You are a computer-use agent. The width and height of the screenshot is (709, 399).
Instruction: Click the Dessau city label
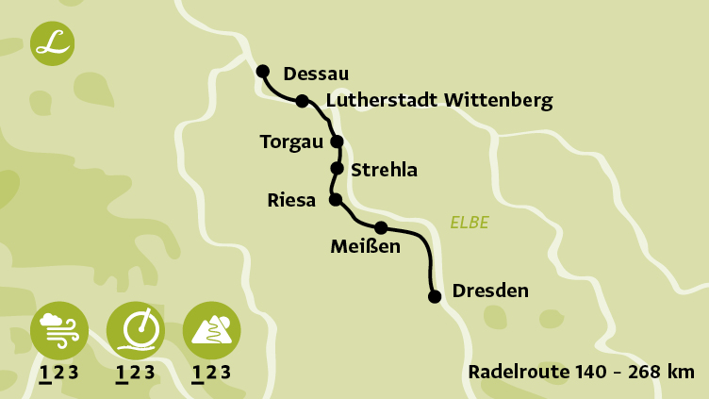(316, 74)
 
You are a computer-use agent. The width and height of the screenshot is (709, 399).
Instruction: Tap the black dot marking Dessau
(263, 71)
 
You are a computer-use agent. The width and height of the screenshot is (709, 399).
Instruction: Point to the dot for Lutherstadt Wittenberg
(302, 101)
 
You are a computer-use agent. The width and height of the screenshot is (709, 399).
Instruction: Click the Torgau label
(290, 142)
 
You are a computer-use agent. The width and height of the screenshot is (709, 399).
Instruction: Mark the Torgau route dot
(337, 141)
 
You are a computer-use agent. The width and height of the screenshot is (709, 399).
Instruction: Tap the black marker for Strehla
(337, 169)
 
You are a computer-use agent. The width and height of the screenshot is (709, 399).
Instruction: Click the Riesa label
(292, 200)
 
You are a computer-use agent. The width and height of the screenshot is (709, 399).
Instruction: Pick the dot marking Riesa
(335, 200)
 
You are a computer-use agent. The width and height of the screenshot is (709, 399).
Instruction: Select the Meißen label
(366, 247)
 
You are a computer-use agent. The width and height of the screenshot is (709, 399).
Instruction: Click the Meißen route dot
(381, 227)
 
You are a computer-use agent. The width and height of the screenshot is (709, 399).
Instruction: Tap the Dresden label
(490, 291)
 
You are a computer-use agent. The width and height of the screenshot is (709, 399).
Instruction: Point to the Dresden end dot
(435, 296)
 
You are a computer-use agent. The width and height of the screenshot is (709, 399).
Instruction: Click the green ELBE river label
(470, 224)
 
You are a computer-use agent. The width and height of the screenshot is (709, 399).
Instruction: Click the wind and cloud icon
(59, 329)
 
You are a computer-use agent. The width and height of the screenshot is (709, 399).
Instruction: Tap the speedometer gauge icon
(136, 329)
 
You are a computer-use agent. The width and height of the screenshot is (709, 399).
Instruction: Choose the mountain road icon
(211, 329)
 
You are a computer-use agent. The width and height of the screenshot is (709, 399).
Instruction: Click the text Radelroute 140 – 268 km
(581, 372)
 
